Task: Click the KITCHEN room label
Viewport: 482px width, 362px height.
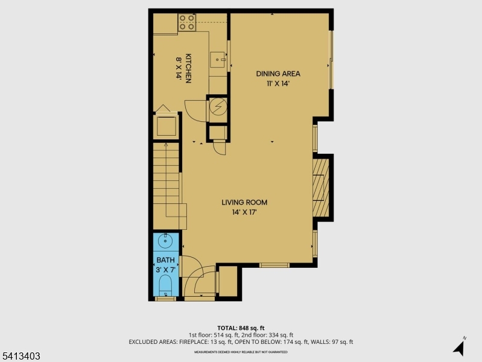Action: click(188, 68)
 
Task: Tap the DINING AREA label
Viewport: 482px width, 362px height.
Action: click(278, 74)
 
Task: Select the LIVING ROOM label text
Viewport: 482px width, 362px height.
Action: click(244, 203)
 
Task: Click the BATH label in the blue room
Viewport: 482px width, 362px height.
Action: click(165, 261)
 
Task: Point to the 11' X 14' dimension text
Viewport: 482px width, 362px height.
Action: click(278, 83)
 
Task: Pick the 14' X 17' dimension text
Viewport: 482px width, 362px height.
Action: click(244, 212)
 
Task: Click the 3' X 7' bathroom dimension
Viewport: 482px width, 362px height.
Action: click(165, 270)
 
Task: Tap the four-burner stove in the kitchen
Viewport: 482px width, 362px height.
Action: click(187, 22)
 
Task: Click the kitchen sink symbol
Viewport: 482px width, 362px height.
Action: click(218, 60)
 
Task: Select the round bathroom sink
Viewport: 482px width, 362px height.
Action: click(165, 242)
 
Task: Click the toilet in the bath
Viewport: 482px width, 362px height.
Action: click(165, 287)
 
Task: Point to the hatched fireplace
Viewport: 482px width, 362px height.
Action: click(320, 186)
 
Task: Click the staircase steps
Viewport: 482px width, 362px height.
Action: click(166, 181)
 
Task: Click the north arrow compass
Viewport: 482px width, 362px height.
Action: click(459, 347)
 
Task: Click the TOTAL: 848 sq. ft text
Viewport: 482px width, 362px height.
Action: click(241, 328)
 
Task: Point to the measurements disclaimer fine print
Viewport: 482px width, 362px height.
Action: click(241, 351)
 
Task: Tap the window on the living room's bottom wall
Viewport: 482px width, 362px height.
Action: click(274, 265)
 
